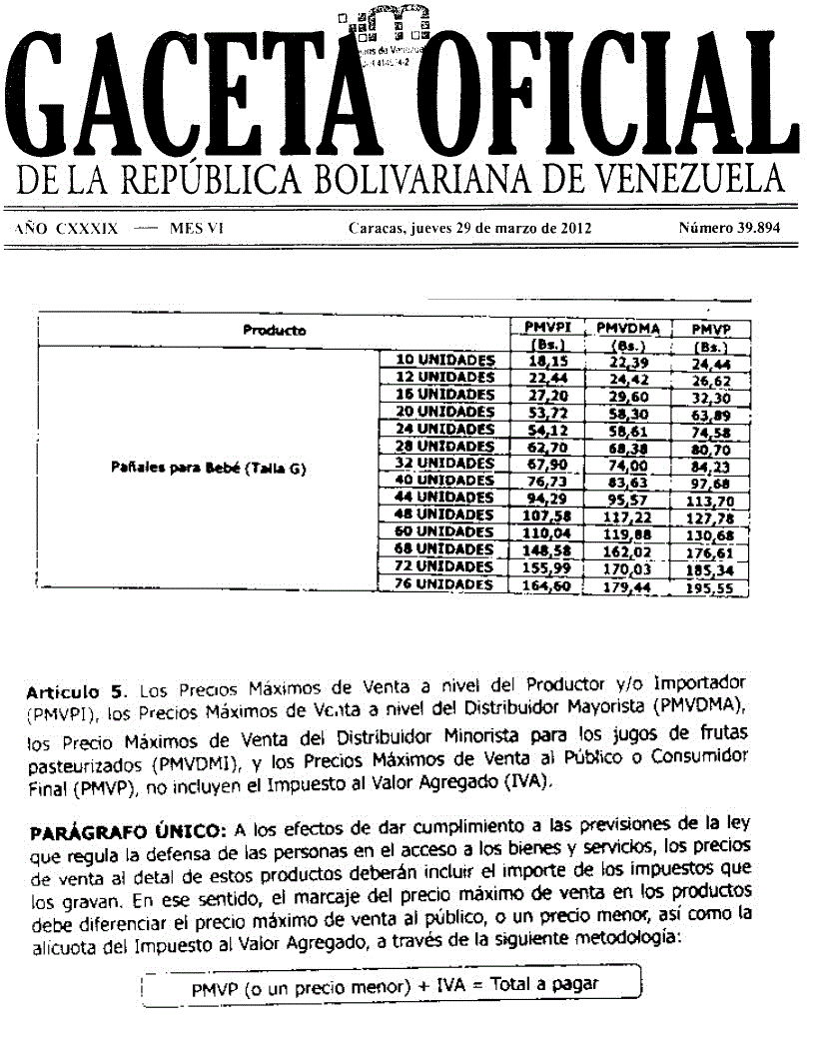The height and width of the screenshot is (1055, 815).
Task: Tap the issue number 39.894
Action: tap(729, 228)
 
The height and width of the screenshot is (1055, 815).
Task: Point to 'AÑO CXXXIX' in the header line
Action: tap(67, 228)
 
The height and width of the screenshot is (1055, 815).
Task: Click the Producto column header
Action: tap(274, 330)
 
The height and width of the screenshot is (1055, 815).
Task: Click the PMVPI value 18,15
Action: tap(546, 360)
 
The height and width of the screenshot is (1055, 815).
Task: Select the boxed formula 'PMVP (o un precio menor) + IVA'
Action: tap(395, 985)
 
